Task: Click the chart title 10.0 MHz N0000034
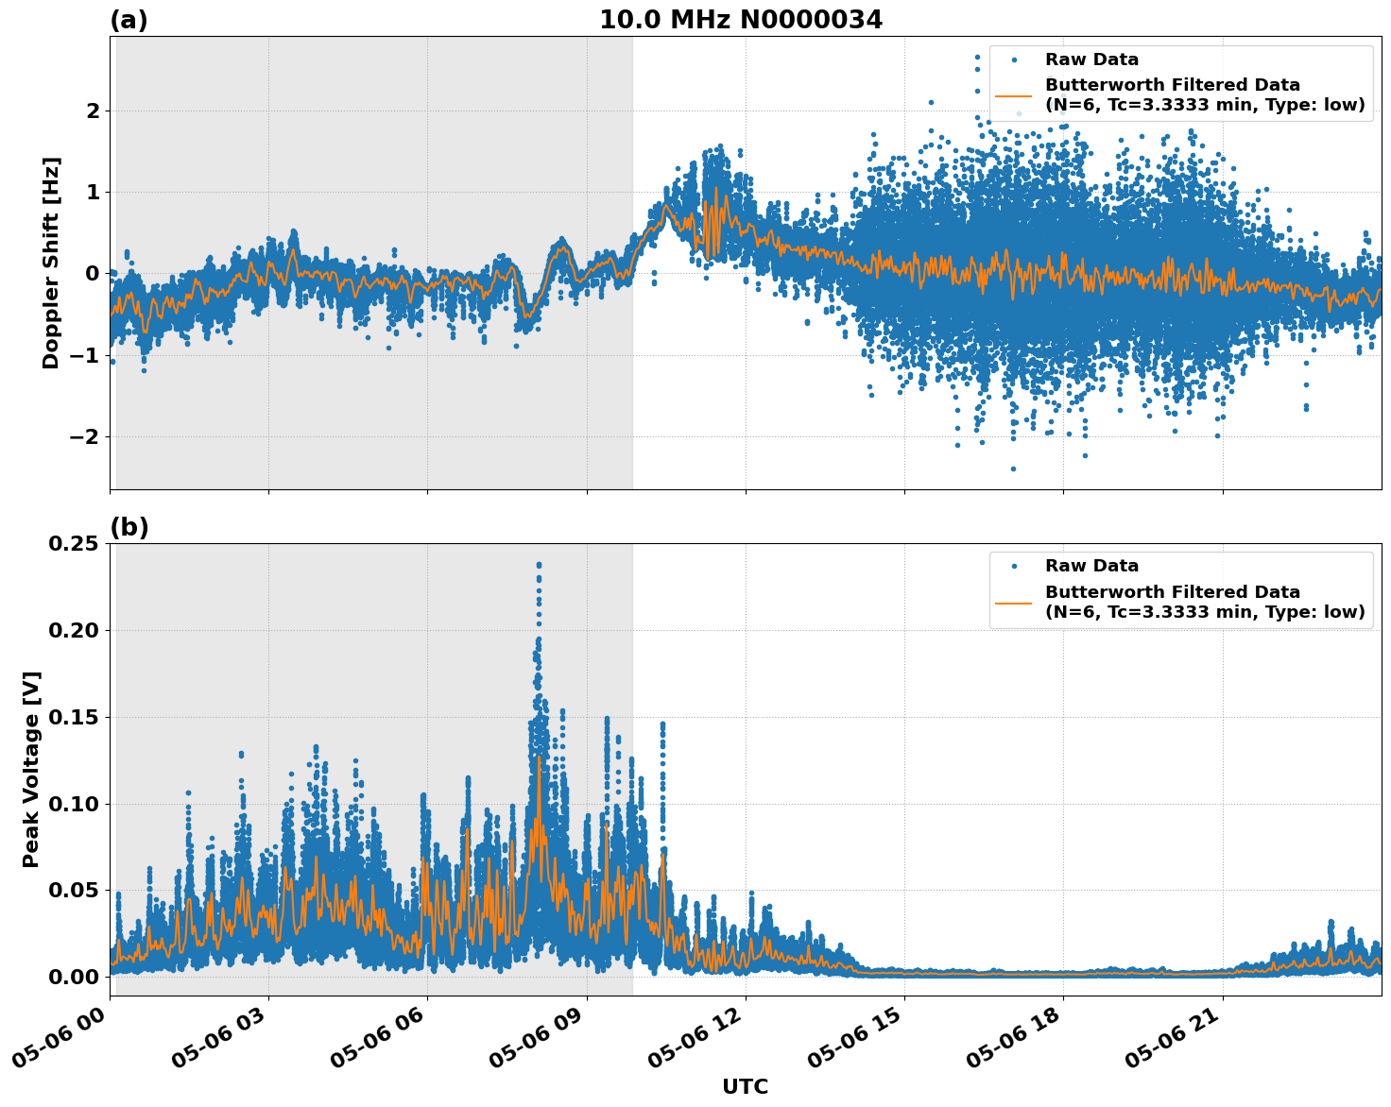pos(740,20)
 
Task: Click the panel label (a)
pos(129,20)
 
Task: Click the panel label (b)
pos(129,527)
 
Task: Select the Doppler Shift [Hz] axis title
pos(51,263)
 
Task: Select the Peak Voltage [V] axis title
pos(31,769)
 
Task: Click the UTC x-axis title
pos(745,1086)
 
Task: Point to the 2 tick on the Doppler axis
pos(93,111)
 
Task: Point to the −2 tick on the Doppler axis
pos(85,437)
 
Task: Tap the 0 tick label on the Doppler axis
pos(93,274)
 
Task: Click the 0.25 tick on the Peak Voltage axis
pos(74,544)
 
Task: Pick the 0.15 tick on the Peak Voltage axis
pos(74,718)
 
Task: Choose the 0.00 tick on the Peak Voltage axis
pos(74,977)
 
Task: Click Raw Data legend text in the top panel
pos(1091,60)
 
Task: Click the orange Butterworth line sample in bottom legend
pos(1013,602)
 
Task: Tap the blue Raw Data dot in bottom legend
pos(1013,566)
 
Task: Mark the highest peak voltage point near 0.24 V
pos(539,565)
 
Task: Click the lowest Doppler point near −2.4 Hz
pos(1013,468)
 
